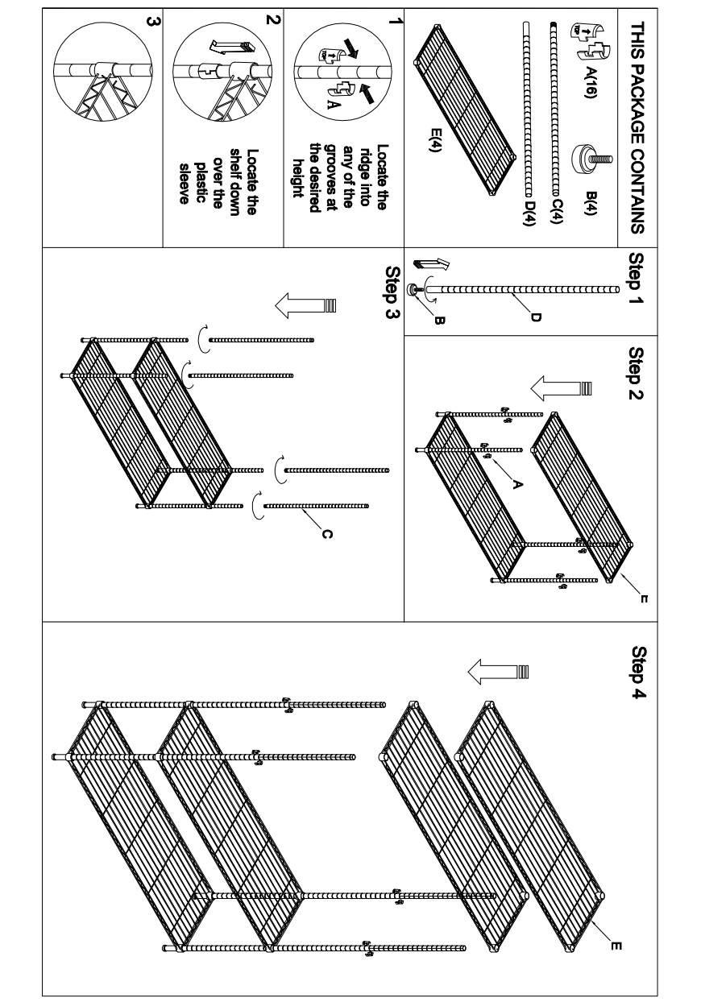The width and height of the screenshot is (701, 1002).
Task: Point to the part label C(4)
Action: click(x=555, y=213)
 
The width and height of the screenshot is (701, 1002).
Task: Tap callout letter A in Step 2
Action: click(x=517, y=483)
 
